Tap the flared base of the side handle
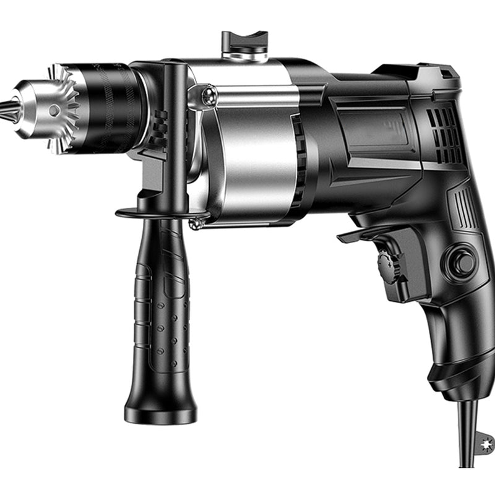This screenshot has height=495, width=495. click(x=160, y=411)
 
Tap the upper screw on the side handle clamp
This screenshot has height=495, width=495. click(x=210, y=94)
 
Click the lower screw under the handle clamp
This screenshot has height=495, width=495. click(x=197, y=223)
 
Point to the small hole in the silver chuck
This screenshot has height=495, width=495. click(x=54, y=110)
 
